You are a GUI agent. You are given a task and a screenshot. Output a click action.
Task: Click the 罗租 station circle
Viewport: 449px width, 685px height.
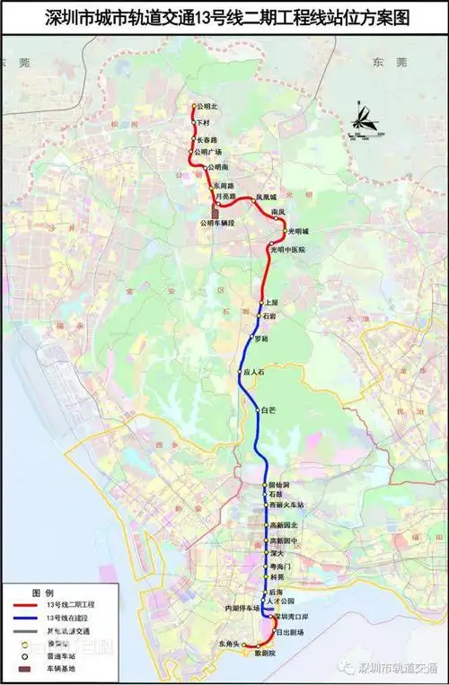click(x=252, y=338)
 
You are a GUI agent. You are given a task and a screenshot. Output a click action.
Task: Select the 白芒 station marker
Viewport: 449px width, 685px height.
click(x=258, y=411)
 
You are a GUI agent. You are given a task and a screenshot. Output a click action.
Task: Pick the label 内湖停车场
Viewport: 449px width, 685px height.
click(x=242, y=608)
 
